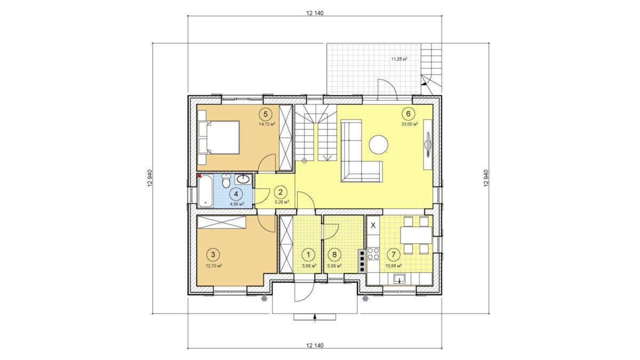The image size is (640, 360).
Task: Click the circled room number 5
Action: click(x=266, y=114)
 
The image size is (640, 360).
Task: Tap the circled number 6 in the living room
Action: click(x=409, y=114)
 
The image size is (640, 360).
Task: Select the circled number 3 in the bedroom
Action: click(x=213, y=254)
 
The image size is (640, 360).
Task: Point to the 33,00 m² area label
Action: click(x=410, y=124)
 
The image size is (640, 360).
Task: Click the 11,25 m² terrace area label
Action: click(x=399, y=59)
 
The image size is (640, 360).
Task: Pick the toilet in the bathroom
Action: click(x=226, y=181)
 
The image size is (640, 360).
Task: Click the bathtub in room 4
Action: click(x=205, y=191)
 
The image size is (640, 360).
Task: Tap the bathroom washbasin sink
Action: click(x=243, y=179)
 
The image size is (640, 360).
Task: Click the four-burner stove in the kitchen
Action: click(x=373, y=253)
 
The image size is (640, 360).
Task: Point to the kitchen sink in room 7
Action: click(x=399, y=278)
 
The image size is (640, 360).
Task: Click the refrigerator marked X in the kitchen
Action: click(x=373, y=225)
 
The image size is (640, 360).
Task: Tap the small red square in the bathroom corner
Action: click(x=199, y=175)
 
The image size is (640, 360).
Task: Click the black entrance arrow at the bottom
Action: click(x=315, y=318)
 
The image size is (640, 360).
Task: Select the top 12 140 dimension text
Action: click(x=315, y=13)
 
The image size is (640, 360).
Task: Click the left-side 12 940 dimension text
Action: click(x=150, y=178)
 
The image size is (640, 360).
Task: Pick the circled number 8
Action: click(x=334, y=254)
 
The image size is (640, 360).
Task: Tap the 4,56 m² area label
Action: click(x=237, y=204)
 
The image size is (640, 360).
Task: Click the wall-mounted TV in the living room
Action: click(x=428, y=145)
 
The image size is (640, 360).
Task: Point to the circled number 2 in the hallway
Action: click(x=281, y=192)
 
